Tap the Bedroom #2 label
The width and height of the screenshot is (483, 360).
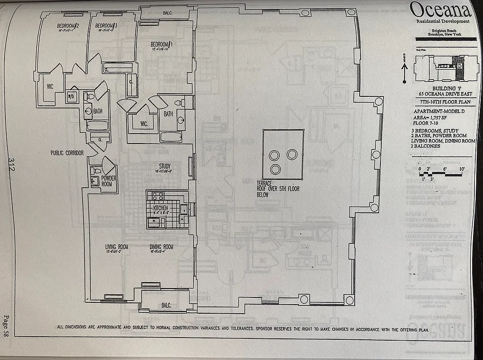click(68, 26)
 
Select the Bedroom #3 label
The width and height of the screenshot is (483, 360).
click(107, 26)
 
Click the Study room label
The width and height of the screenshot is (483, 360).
click(165, 166)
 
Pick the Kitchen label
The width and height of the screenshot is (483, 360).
click(160, 208)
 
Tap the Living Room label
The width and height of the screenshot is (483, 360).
click(117, 247)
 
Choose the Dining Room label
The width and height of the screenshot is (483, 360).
click(162, 247)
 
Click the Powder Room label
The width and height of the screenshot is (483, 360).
click(109, 181)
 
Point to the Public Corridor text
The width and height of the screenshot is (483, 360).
click(67, 153)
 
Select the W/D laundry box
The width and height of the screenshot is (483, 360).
click(71, 96)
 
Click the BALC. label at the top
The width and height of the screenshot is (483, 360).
click(167, 13)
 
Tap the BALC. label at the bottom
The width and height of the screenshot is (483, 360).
click(166, 305)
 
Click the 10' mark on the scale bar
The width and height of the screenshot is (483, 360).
click(461, 168)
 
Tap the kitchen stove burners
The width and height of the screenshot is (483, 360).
click(158, 196)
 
